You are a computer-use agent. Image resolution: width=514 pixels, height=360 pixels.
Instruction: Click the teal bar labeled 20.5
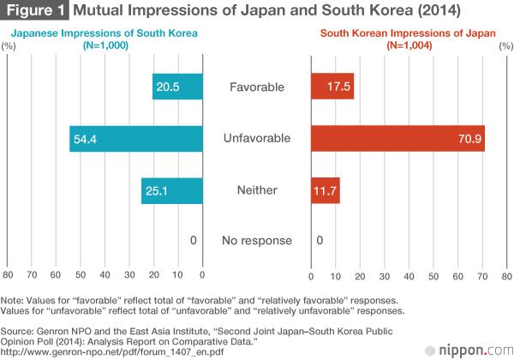tap(177, 87)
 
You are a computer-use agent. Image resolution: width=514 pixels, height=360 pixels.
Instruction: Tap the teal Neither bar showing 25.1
tap(171, 189)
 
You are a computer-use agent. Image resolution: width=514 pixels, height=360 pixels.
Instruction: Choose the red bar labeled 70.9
tap(397, 138)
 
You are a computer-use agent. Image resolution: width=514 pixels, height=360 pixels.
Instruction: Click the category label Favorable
tap(257, 87)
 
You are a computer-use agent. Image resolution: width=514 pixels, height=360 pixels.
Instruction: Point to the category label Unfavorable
tap(257, 138)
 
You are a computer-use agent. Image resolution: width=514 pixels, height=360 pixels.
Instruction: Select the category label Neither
tap(257, 189)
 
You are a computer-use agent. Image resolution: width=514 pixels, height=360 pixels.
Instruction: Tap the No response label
tap(257, 241)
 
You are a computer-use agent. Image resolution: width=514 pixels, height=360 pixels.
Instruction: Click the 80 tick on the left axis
tap(8, 276)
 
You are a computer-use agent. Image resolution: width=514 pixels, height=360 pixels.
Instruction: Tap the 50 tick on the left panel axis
tap(81, 276)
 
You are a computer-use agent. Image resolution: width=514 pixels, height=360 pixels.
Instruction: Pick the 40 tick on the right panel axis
tap(409, 276)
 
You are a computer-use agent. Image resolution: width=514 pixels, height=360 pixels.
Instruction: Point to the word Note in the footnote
tap(14, 301)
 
